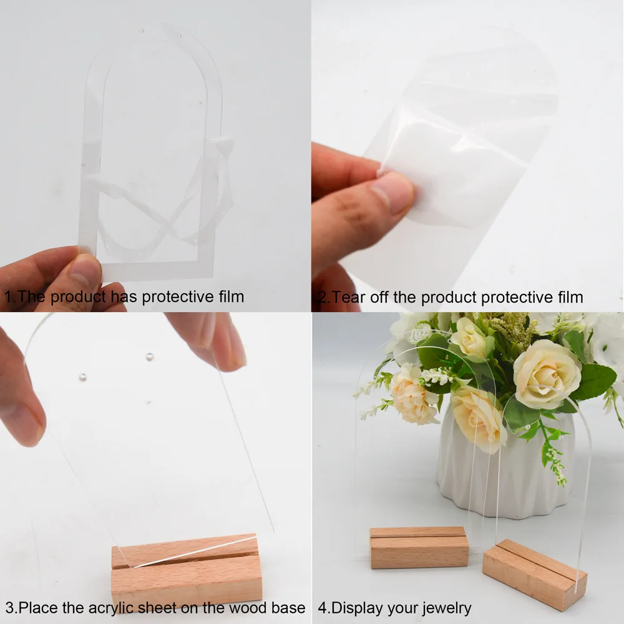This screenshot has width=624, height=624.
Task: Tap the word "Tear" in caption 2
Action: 346,297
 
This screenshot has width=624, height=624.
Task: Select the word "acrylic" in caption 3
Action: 110,608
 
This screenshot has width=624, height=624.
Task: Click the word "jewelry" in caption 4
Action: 447,608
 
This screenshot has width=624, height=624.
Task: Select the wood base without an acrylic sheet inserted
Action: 419,547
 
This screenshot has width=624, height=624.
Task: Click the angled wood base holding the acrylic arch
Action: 534,574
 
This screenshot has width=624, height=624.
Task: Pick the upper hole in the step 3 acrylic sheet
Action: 150,356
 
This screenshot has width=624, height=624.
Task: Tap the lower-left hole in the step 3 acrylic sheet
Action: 82,378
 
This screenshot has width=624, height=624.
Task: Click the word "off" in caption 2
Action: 378,297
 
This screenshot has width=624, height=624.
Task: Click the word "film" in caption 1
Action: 231,296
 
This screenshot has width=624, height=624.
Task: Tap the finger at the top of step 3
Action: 207,340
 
